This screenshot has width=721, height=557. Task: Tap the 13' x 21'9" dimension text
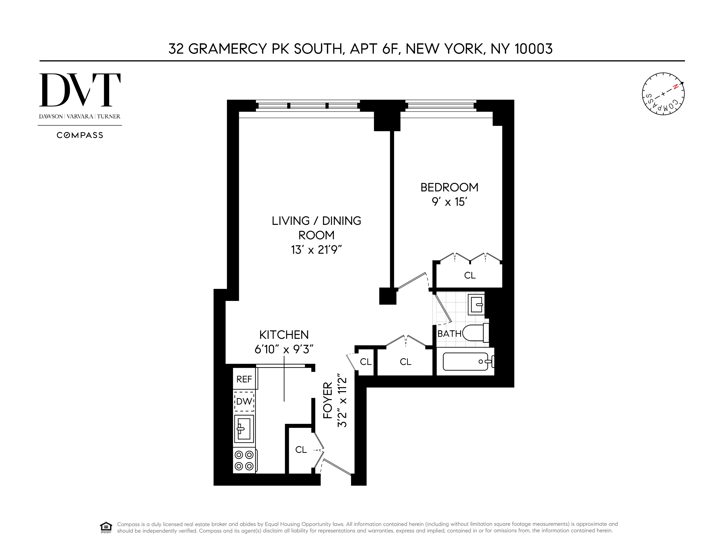[316, 250]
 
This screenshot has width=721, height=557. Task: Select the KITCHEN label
[284, 335]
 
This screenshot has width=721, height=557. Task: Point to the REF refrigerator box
[244, 379]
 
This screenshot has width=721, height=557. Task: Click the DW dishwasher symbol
[244, 401]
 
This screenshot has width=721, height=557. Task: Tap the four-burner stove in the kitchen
[244, 461]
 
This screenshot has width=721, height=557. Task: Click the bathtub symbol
[465, 362]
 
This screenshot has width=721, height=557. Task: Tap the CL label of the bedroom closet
[469, 275]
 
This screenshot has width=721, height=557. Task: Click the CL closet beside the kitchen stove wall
[301, 449]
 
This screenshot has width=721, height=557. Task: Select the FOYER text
[328, 400]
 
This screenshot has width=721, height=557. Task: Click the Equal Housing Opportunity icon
[106, 527]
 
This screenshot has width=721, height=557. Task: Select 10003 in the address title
[533, 49]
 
